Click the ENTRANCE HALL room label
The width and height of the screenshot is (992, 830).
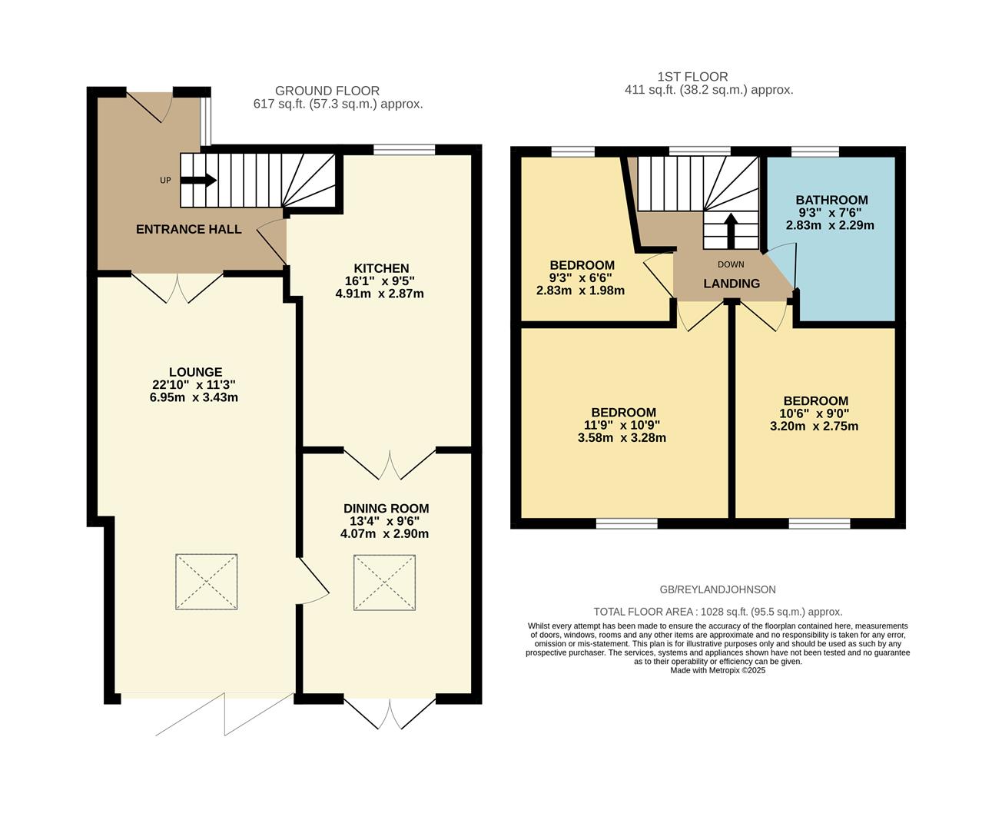(x=188, y=229)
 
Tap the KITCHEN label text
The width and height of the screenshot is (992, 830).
(x=381, y=268)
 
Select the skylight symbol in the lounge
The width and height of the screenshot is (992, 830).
(x=206, y=583)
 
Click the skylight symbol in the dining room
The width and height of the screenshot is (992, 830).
(x=384, y=583)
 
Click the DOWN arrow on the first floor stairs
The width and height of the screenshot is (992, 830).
(x=731, y=228)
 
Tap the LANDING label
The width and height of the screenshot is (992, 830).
(x=732, y=284)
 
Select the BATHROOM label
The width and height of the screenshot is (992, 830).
(x=831, y=200)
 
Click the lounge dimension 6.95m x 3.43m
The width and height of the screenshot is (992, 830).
(x=194, y=397)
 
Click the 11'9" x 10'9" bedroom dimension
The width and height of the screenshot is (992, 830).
(x=622, y=425)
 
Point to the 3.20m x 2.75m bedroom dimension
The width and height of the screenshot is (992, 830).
(x=815, y=426)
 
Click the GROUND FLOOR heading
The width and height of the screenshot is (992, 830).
(x=327, y=91)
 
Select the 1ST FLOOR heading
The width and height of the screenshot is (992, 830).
(x=692, y=77)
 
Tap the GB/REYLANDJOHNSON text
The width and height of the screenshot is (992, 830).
(x=718, y=589)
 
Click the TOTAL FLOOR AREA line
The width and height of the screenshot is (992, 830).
(x=718, y=612)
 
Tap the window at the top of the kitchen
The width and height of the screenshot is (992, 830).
(x=404, y=150)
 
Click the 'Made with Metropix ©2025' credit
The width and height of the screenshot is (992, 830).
(x=718, y=670)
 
